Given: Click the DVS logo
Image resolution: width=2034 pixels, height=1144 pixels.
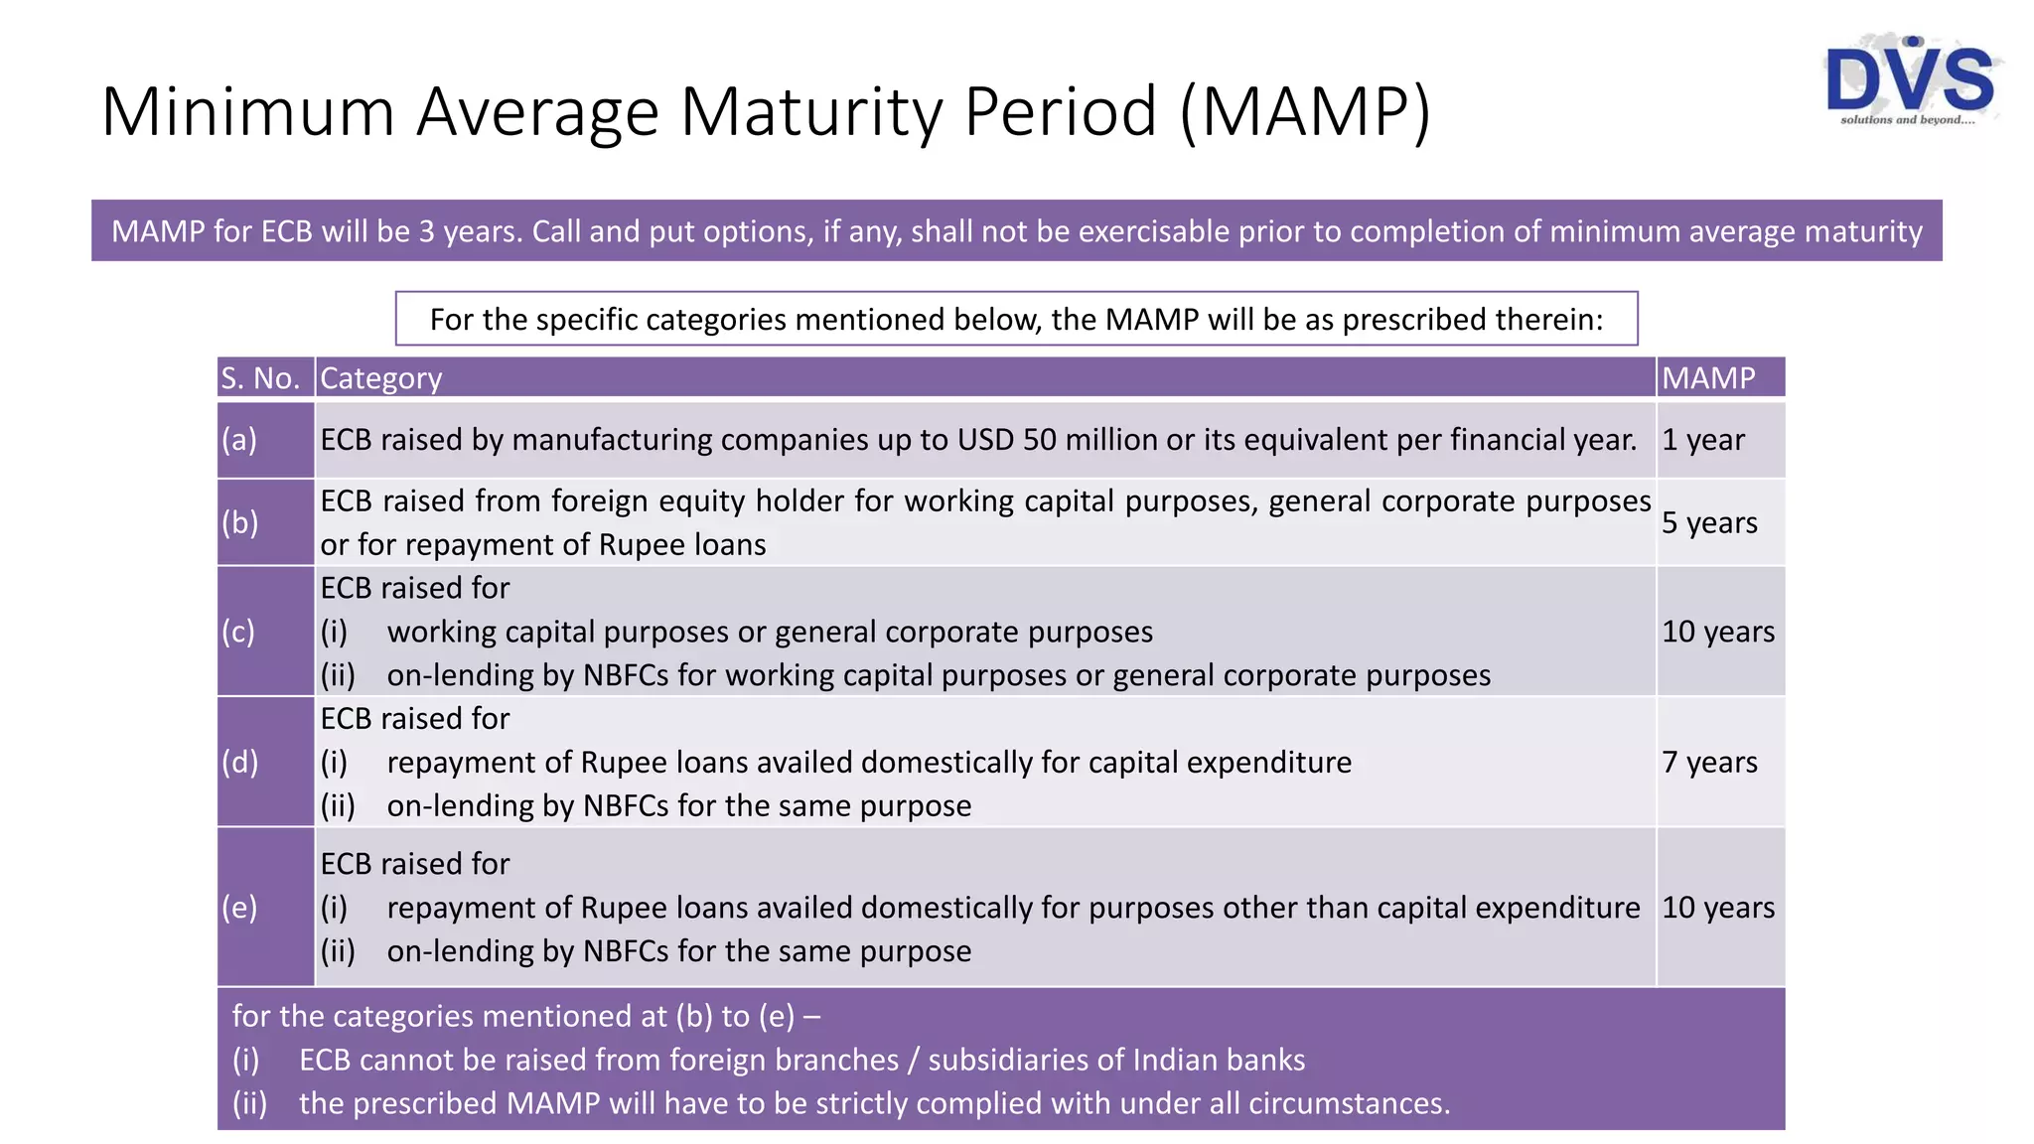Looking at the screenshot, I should coord(1909,81).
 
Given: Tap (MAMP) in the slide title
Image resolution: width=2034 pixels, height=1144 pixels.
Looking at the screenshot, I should coord(1305,111).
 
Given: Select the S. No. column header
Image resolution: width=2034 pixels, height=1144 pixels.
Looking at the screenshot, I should coord(260,378).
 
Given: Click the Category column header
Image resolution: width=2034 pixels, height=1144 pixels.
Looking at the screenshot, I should coord(381,378).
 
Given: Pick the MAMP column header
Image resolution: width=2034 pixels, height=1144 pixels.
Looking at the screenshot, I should coord(1708,378).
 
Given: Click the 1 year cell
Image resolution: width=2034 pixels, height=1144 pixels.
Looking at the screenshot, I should coord(1703,440).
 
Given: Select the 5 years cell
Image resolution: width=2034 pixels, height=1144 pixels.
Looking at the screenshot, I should coord(1709,522).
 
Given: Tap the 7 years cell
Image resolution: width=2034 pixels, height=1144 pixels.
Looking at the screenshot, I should coord(1709,762).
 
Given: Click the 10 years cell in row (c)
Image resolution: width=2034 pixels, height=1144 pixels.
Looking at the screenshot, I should coord(1718,632).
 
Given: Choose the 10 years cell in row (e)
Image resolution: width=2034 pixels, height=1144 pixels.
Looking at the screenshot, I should coord(1718,908).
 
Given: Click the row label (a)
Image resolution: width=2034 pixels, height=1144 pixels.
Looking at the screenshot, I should coord(239,440).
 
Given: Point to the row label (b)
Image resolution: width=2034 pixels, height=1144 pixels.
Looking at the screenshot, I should coord(239,522).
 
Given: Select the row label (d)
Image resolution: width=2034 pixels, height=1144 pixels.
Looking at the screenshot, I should coord(239,762).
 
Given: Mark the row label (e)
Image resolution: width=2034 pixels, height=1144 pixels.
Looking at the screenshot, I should coord(239,908).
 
